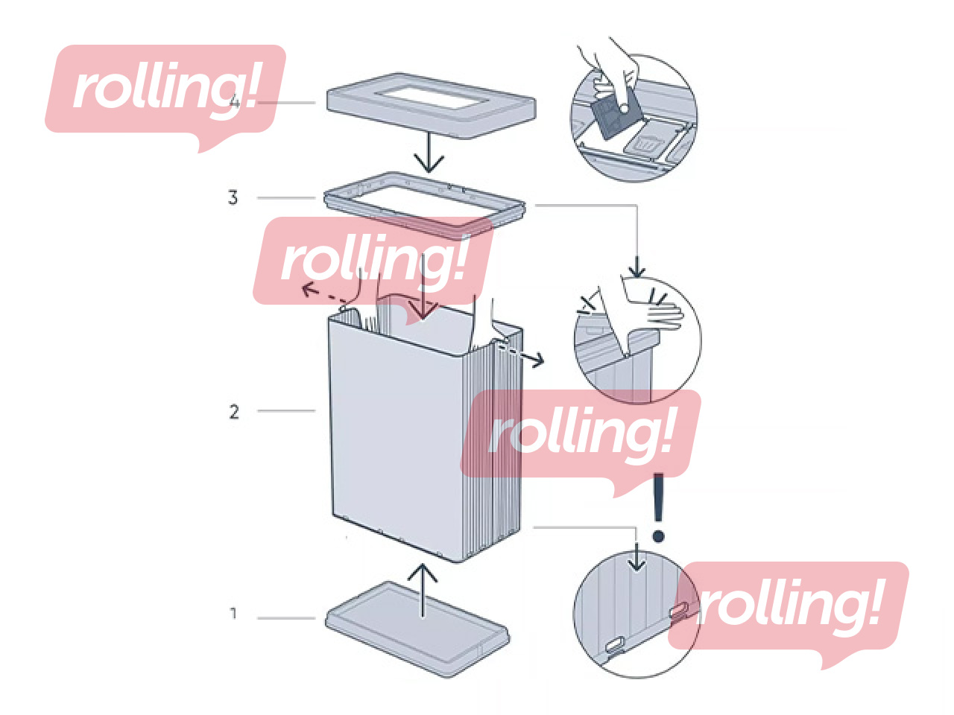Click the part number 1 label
pyautogui.click(x=233, y=614)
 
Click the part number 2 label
pyautogui.click(x=234, y=411)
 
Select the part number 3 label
pyautogui.click(x=233, y=197)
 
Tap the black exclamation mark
pyautogui.click(x=658, y=507)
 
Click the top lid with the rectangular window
pyautogui.click(x=432, y=105)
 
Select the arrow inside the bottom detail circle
pyautogui.click(x=636, y=559)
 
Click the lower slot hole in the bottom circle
pyautogui.click(x=615, y=646)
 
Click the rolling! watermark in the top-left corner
pyautogui.click(x=165, y=89)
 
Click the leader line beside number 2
pyautogui.click(x=286, y=410)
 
